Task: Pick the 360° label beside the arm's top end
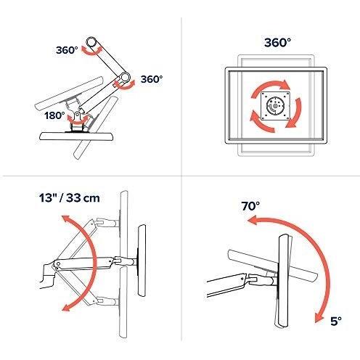pos(66,51)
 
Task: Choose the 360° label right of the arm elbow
pos(151,78)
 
